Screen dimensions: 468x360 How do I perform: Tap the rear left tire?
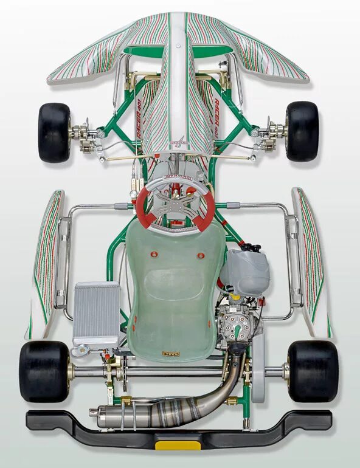pyautogui.click(x=44, y=371)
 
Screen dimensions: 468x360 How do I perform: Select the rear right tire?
pyautogui.click(x=313, y=370)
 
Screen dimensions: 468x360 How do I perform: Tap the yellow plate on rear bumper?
pyautogui.click(x=177, y=445)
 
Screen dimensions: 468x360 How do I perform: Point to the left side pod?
pyautogui.click(x=47, y=261)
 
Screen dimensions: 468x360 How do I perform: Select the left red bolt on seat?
pyautogui.click(x=154, y=254)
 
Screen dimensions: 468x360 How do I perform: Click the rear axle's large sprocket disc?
pyautogui.click(x=258, y=371)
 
